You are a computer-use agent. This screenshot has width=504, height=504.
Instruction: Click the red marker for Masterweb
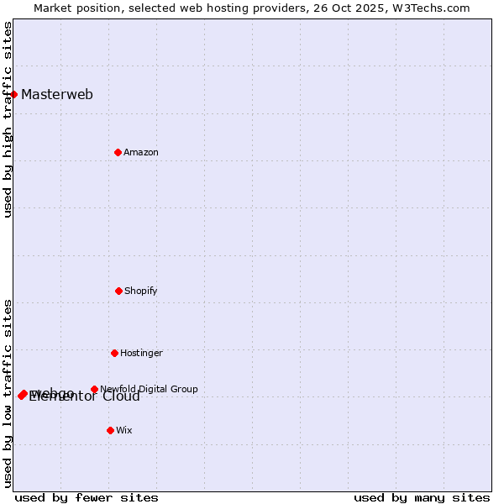(x=14, y=94)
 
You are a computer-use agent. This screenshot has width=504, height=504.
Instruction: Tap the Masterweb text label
(x=57, y=94)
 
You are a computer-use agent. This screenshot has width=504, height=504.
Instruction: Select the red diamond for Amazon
(x=118, y=152)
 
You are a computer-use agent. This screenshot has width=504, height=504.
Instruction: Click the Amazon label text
(x=141, y=152)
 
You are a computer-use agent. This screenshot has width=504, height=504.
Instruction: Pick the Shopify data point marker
(x=118, y=291)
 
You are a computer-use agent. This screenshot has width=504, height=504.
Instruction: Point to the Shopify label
(x=141, y=291)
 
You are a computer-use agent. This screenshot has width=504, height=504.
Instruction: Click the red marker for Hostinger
(x=114, y=353)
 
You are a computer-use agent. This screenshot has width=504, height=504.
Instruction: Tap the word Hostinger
(x=141, y=353)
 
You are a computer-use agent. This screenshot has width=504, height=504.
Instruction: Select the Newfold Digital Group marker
(x=94, y=389)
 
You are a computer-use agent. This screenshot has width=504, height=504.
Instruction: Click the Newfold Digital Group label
(x=149, y=389)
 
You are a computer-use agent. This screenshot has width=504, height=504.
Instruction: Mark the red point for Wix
(x=110, y=430)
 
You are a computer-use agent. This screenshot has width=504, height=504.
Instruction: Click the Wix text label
(x=124, y=430)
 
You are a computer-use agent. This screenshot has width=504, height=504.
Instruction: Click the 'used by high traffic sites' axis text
(x=8, y=119)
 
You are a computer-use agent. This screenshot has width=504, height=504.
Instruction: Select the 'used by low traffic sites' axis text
(x=8, y=392)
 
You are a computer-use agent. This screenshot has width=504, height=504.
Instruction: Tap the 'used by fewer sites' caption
(x=87, y=497)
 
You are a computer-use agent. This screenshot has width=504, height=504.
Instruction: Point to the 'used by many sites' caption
(x=422, y=497)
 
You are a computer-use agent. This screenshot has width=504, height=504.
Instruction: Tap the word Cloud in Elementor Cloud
(x=121, y=396)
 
